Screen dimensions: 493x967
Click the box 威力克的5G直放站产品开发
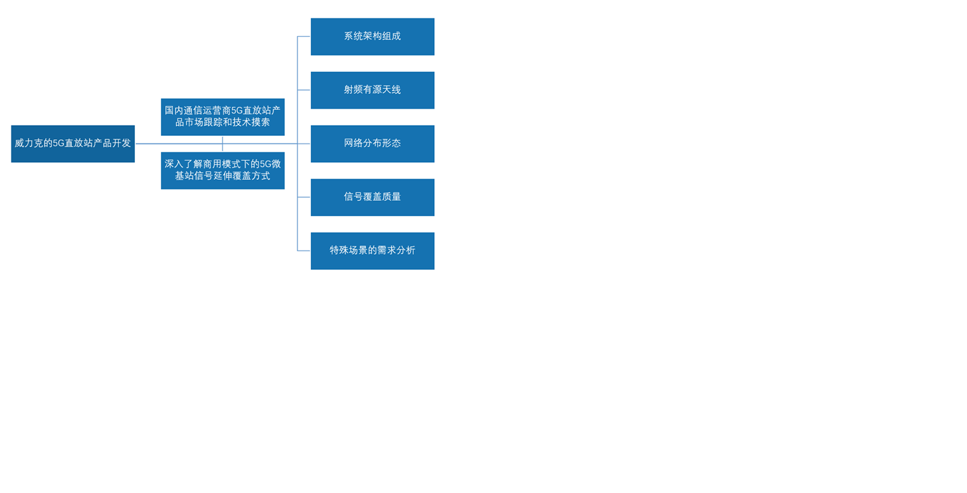coord(72,144)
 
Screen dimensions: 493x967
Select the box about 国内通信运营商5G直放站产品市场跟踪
coord(223,117)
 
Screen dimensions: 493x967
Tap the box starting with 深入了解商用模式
coord(223,170)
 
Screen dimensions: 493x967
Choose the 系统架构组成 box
coord(372,37)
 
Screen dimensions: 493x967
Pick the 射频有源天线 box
coord(372,90)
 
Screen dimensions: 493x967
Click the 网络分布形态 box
coord(372,144)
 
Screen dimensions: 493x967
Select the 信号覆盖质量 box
coord(372,197)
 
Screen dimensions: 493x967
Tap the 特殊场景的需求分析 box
coord(372,250)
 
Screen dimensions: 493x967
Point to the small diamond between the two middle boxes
coord(223,144)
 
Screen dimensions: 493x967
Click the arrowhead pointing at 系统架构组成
coord(305,37)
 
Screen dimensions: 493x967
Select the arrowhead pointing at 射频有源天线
coord(305,90)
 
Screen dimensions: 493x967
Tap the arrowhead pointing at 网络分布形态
coord(305,144)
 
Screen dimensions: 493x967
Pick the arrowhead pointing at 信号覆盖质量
coord(305,197)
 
